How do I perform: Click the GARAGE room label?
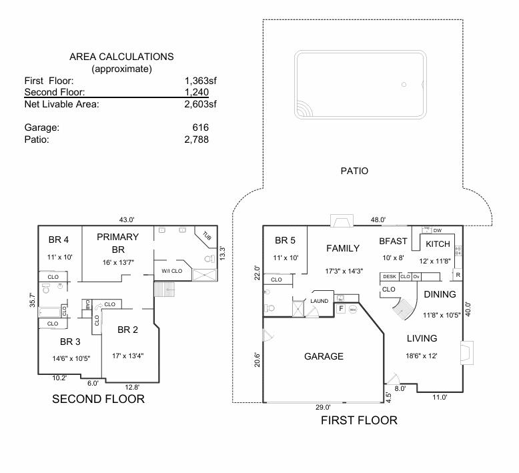324,356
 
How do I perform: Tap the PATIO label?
354,171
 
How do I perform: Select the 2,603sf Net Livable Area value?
201,104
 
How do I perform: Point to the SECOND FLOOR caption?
98,399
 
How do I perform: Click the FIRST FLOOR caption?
359,420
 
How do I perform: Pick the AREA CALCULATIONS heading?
121,57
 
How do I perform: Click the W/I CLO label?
171,271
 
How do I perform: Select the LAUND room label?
320,301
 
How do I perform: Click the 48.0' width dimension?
379,219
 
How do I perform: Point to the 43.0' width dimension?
127,219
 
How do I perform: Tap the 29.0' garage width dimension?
324,407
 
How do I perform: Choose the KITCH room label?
438,244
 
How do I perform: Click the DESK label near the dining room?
390,276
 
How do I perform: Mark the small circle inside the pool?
404,85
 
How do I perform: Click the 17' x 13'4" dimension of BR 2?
127,355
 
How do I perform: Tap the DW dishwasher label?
438,230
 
